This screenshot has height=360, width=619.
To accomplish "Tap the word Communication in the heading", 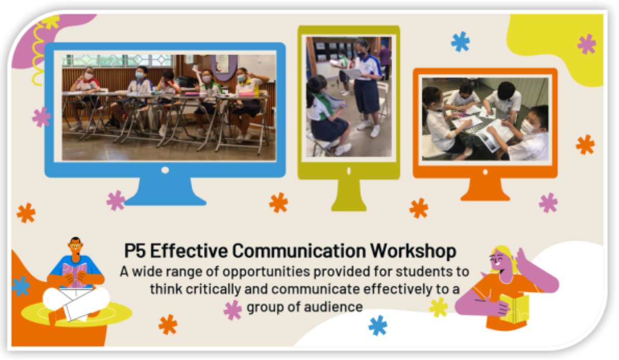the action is pos(299,251).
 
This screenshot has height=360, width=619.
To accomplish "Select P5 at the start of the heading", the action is pos(135,251).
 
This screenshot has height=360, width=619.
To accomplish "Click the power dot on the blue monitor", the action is pos(165,170).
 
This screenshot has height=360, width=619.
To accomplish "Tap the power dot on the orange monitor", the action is pos(485,172).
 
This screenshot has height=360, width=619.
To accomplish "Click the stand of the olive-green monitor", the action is pos(348,195).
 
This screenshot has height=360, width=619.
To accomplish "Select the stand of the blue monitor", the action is pos(165,192).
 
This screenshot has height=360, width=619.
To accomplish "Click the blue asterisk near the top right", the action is pos(460,42).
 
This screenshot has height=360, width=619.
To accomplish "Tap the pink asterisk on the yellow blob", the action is pos(587,44).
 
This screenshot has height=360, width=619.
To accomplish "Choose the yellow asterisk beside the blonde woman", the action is pos(439,307).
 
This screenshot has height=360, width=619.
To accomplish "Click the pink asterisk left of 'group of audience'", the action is pos(233,310).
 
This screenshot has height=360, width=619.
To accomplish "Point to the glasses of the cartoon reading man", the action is pos(75,246).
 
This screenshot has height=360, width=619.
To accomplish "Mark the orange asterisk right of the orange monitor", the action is pos(585,144).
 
